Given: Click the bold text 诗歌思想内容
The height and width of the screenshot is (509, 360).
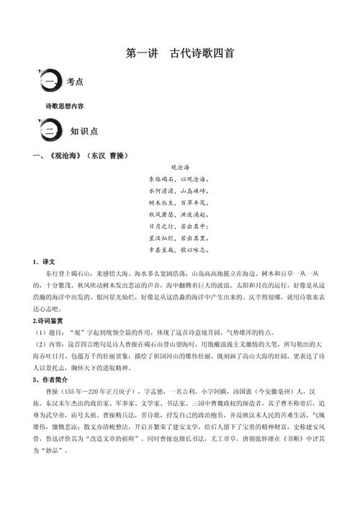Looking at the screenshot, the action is [65, 105].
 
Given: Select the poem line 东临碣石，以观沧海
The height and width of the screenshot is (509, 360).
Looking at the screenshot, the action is [179, 179].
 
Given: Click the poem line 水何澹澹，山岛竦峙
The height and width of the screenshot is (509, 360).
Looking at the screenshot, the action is [179, 191].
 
